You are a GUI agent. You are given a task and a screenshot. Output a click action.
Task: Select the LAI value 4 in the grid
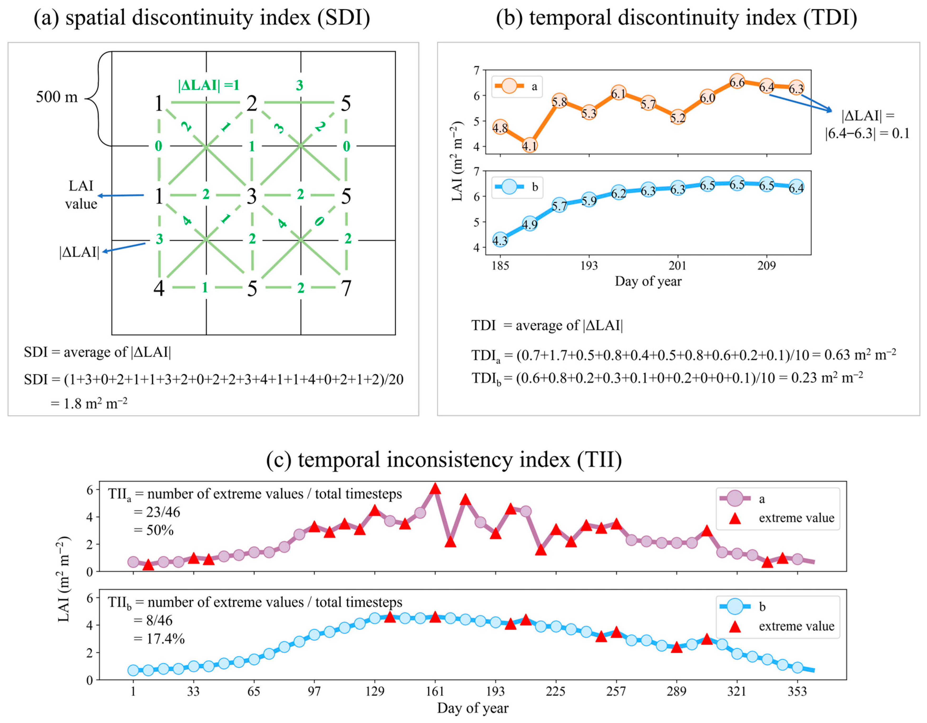159,288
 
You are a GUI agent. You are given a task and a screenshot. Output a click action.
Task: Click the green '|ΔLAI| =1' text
208,85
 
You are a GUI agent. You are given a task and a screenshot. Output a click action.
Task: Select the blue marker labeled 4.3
500,240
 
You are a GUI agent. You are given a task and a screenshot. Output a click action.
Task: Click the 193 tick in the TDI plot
589,266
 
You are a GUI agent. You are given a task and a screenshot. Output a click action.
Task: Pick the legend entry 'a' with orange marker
516,86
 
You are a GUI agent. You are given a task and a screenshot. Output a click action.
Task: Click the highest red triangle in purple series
435,489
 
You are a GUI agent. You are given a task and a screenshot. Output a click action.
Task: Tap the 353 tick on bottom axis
797,691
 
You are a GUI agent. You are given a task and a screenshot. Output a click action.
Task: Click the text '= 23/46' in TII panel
157,512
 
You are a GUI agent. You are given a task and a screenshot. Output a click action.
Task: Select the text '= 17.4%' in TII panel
159,638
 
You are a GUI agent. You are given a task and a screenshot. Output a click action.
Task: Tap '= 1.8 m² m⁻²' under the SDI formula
89,403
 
